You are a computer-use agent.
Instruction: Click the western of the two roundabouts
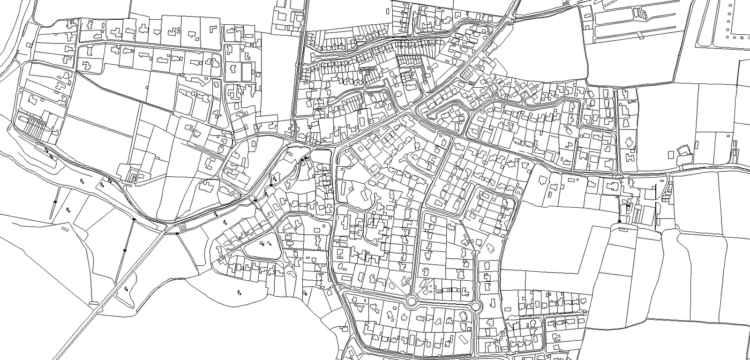[x=412, y=300]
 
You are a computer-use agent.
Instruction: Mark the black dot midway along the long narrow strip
[x=125, y=251]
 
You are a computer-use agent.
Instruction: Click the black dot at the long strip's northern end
[x=134, y=219]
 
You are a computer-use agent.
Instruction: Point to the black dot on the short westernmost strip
[x=55, y=202]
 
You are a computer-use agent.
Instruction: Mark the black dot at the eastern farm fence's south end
[x=620, y=221]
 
